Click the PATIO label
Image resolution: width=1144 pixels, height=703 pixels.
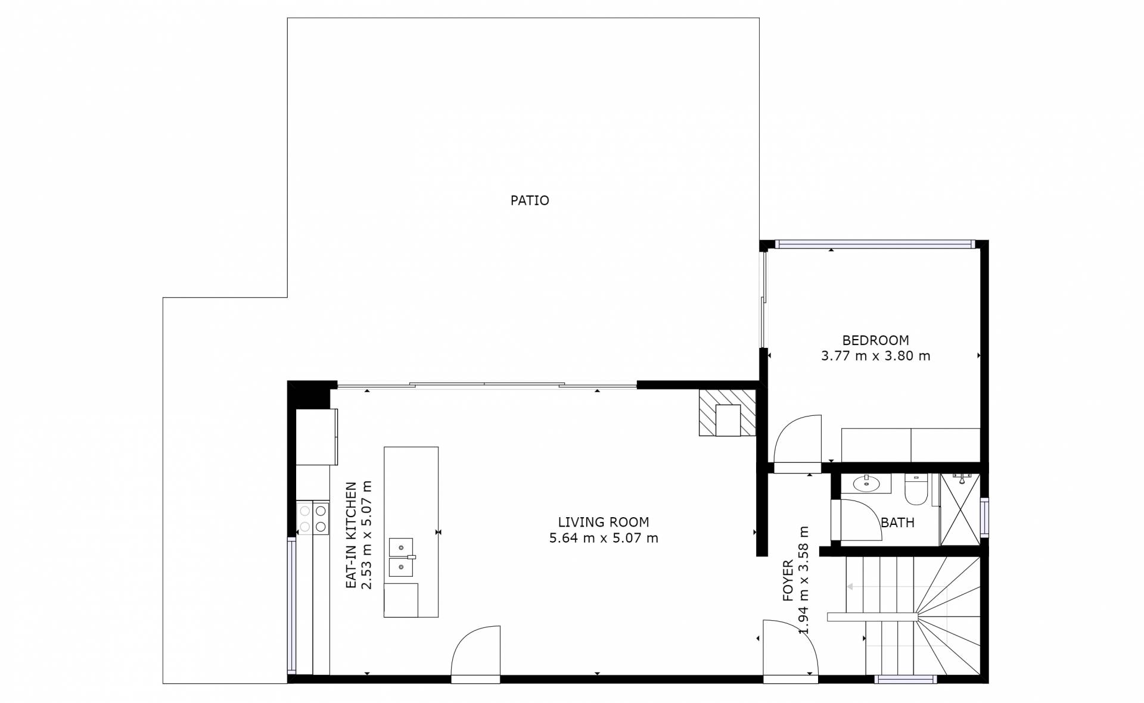click(x=530, y=201)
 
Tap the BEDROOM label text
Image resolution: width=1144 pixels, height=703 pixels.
click(x=875, y=341)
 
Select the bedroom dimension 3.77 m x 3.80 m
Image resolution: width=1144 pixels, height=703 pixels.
click(x=875, y=356)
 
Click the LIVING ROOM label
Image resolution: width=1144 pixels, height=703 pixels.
click(x=604, y=522)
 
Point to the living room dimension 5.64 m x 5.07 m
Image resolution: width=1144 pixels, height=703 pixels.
click(x=604, y=539)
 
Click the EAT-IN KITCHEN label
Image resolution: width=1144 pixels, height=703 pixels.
click(x=352, y=536)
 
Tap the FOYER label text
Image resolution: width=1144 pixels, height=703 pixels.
click(x=788, y=580)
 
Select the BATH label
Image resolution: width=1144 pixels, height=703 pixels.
click(x=897, y=523)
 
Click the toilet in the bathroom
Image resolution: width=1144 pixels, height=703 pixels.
click(x=916, y=489)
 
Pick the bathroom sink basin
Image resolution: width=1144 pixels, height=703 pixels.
click(x=866, y=484)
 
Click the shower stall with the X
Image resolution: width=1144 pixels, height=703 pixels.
click(x=960, y=509)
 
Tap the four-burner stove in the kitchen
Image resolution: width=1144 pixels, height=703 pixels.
click(x=313, y=518)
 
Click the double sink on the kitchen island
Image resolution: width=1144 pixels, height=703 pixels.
click(x=402, y=557)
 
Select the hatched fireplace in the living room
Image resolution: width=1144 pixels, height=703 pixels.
click(x=728, y=413)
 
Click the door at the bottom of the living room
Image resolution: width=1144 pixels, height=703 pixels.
click(x=475, y=651)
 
